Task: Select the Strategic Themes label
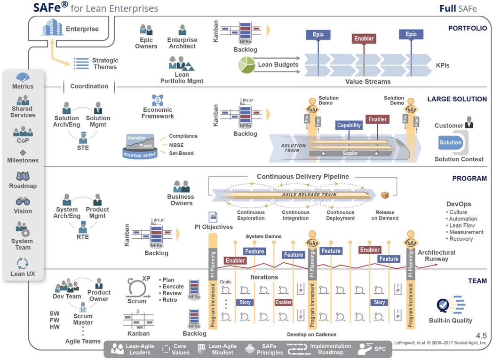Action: [x=105, y=63]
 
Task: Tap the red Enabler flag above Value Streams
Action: [x=364, y=39]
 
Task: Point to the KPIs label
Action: [x=442, y=65]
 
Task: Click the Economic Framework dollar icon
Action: [x=158, y=100]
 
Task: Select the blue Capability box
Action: [x=349, y=125]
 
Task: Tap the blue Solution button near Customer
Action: [x=450, y=143]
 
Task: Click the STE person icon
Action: [x=82, y=138]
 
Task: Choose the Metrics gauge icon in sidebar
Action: [x=23, y=78]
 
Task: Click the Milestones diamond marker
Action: [x=23, y=153]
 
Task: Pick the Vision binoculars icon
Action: [x=23, y=202]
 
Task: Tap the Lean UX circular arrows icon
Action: [x=23, y=263]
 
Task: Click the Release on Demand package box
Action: [x=385, y=195]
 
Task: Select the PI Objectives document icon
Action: [x=213, y=217]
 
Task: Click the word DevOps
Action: [x=459, y=204]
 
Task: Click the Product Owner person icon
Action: [x=99, y=283]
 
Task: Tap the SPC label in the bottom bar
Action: [x=380, y=349]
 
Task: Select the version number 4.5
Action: [x=481, y=336]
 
